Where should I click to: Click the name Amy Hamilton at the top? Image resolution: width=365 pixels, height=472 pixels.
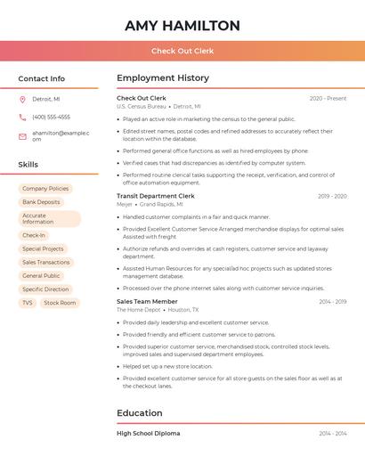[x=182, y=26]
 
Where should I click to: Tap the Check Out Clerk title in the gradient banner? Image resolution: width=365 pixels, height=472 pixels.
[x=182, y=51]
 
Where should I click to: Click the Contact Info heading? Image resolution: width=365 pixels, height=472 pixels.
[x=41, y=78]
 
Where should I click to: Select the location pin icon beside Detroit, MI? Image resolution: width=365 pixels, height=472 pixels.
[x=22, y=99]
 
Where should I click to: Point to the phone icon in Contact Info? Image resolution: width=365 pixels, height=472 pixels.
[x=22, y=117]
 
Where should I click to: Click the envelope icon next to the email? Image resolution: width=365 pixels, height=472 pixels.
[x=22, y=135]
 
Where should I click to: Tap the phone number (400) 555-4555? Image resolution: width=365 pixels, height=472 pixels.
[x=51, y=117]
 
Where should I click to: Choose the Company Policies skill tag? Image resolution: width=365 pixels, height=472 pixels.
[x=45, y=189]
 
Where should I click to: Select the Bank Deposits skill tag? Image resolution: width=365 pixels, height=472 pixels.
[x=41, y=202]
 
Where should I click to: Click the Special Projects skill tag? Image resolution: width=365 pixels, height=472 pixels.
[x=43, y=249]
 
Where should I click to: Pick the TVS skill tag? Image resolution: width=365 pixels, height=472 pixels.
[x=28, y=303]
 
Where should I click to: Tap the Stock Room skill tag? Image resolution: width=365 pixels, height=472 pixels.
[x=60, y=303]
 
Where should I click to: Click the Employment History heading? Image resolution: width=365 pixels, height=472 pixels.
[x=163, y=78]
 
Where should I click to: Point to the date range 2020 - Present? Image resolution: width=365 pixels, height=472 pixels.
[x=328, y=98]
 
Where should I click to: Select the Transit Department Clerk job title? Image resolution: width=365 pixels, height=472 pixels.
[x=156, y=196]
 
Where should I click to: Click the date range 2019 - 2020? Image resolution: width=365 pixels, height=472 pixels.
[x=332, y=196]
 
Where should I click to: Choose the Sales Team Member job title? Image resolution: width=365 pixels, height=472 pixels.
[x=147, y=302]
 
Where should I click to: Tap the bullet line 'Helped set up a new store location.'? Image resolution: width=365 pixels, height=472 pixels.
[x=167, y=366]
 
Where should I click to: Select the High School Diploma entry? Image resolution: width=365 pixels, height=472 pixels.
[x=148, y=434]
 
